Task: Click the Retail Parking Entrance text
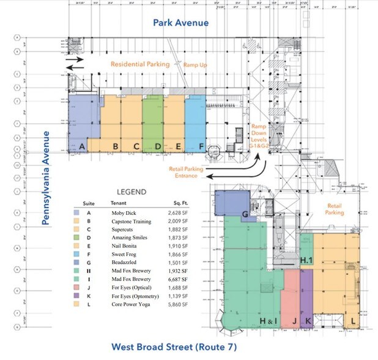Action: pos(183,172)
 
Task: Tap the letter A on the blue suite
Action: pos(81,146)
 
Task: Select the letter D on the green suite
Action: pos(158,146)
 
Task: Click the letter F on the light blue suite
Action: pos(201,146)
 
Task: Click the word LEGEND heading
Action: pos(131,192)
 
